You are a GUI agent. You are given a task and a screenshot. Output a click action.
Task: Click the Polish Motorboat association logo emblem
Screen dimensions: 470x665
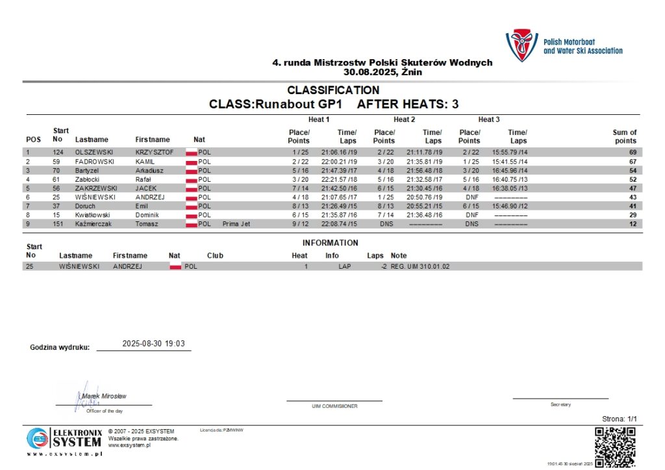click(522, 45)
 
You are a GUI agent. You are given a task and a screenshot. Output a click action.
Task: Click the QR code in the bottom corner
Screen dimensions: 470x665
click(616, 446)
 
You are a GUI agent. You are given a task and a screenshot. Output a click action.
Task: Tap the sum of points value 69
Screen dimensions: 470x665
click(631, 152)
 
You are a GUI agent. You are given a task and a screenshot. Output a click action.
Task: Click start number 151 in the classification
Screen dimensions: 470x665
click(58, 224)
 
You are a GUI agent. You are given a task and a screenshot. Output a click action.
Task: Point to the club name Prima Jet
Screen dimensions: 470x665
click(236, 224)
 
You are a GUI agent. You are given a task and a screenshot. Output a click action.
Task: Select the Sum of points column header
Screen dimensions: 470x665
click(625, 136)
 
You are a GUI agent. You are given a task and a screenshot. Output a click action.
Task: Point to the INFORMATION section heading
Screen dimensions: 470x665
click(330, 243)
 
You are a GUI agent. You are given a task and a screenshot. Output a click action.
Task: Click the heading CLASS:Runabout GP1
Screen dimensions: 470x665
click(279, 104)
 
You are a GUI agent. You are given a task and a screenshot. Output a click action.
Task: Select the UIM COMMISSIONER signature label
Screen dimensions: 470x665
click(334, 406)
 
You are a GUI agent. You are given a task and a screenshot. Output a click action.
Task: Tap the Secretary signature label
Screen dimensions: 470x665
click(560, 404)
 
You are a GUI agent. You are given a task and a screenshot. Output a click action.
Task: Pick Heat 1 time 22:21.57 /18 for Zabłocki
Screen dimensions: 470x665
click(339, 179)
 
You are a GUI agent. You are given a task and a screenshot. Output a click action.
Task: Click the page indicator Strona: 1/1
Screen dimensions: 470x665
click(620, 419)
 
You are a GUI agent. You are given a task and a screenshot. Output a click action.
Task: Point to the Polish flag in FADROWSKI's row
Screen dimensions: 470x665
click(191, 161)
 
